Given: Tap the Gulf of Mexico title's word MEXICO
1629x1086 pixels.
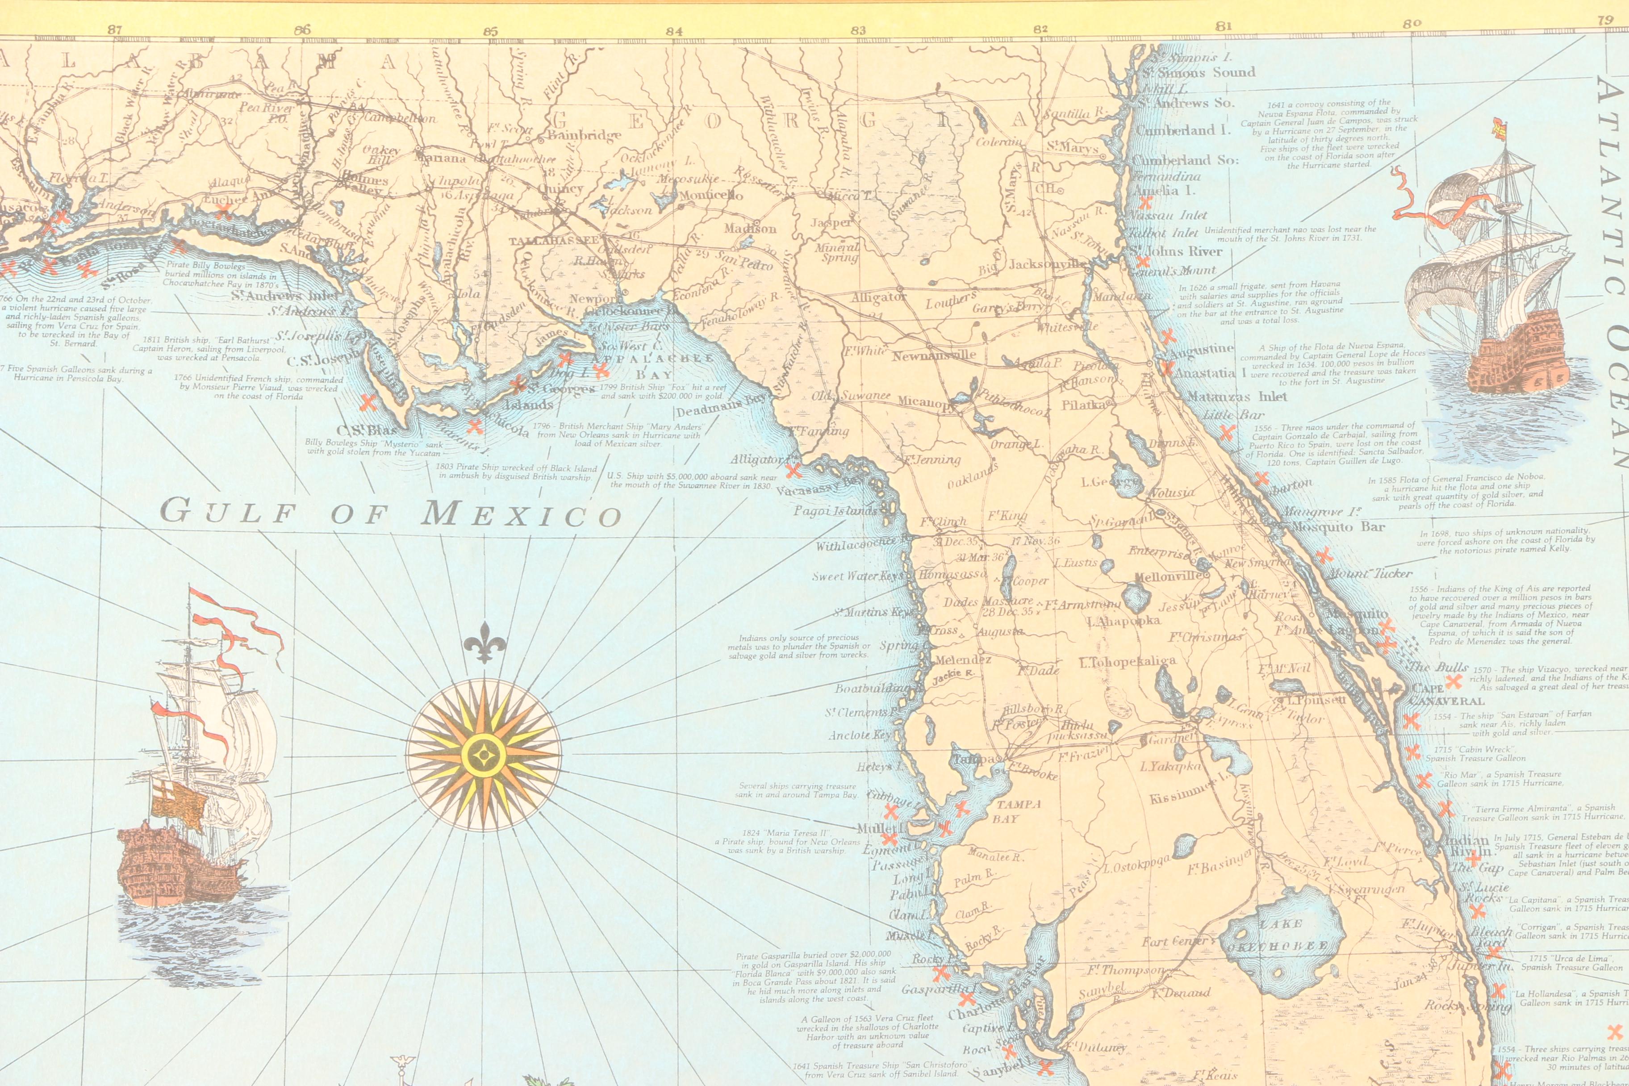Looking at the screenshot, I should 522,514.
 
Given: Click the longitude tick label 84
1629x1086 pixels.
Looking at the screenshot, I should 674,30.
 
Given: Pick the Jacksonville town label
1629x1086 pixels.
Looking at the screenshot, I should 1047,264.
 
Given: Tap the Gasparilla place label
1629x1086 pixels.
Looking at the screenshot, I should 930,990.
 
